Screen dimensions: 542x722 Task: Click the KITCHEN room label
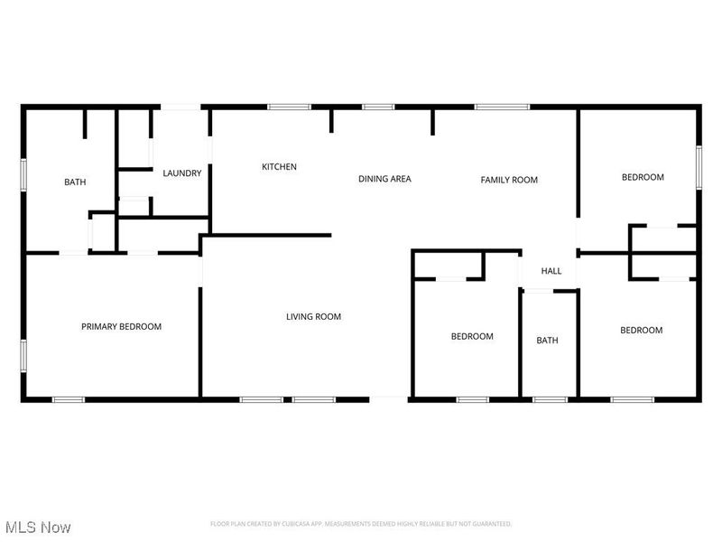(x=279, y=167)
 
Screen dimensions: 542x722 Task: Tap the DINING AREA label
(x=384, y=179)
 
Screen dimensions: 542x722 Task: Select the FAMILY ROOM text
(x=508, y=180)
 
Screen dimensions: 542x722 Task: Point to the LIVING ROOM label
(x=313, y=316)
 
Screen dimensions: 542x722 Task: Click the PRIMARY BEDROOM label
(x=121, y=326)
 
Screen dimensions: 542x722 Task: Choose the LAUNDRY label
(x=181, y=173)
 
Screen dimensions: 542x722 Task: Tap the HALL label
(x=551, y=271)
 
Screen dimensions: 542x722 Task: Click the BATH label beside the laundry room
(x=75, y=182)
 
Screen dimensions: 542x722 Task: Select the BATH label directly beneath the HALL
(x=547, y=341)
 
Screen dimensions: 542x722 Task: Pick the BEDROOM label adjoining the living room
(x=472, y=336)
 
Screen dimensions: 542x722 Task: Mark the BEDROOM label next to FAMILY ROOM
(x=643, y=177)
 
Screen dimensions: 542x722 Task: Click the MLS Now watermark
(x=38, y=526)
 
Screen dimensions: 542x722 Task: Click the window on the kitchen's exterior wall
(x=289, y=107)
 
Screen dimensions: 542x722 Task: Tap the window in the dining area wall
(x=378, y=107)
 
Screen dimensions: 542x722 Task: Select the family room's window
(x=502, y=107)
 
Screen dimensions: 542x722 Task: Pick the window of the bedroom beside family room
(x=699, y=168)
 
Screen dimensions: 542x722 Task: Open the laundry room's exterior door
(x=180, y=107)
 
